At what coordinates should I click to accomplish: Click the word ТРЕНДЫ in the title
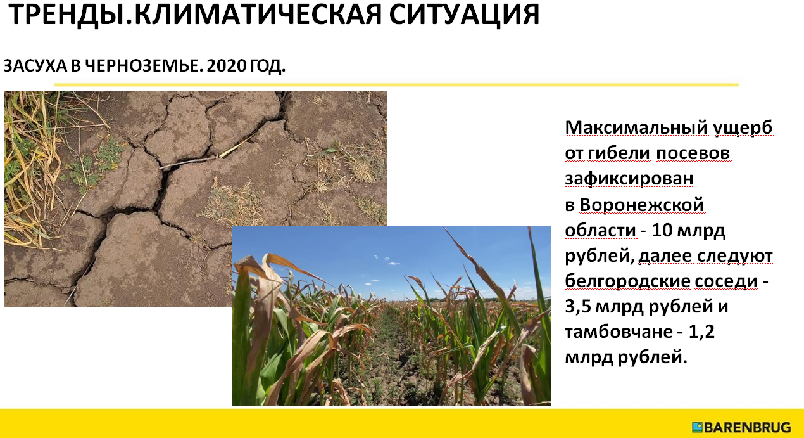[x=66, y=15]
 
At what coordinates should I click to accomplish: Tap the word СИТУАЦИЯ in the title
[x=464, y=15]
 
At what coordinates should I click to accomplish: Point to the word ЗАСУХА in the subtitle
[x=35, y=65]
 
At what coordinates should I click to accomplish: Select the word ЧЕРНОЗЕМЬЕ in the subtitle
[x=142, y=65]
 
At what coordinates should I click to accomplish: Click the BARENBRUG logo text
[x=747, y=428]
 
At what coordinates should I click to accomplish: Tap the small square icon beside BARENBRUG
[x=697, y=427]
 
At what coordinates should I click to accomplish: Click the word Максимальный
[x=636, y=127]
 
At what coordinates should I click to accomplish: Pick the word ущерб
[x=743, y=128]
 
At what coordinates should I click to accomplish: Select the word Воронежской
[x=642, y=205]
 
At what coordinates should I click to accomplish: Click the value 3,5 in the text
[x=578, y=307]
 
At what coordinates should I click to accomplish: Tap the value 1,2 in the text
[x=701, y=332]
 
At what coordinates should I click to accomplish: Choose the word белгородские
[x=628, y=281]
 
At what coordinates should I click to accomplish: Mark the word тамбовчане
[x=619, y=332]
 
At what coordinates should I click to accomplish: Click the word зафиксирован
[x=629, y=179]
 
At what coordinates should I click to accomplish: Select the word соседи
[x=726, y=281]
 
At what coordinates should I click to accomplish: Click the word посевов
[x=693, y=153]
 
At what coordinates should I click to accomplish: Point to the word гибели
[x=619, y=153]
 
